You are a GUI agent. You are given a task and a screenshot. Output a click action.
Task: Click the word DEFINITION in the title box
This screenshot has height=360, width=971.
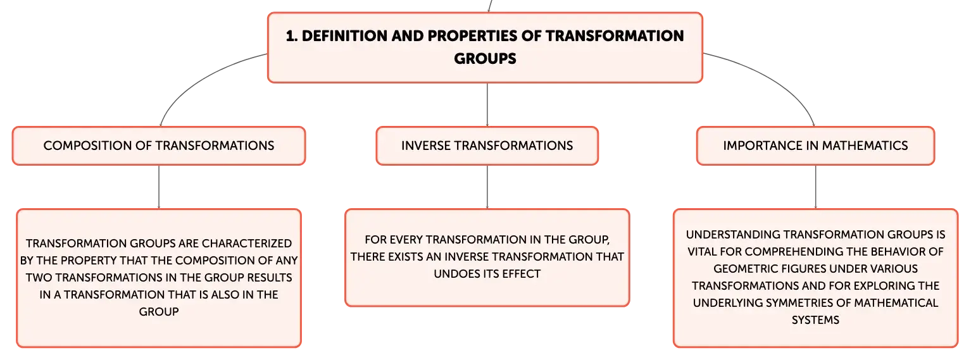344,36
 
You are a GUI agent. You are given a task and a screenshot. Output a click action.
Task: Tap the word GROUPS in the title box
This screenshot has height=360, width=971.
485,58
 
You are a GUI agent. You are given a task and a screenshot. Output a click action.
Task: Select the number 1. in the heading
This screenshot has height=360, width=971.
292,36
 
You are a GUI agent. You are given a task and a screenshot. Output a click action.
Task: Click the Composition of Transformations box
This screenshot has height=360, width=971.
159,146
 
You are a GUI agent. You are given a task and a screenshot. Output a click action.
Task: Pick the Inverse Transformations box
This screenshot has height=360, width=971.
487,146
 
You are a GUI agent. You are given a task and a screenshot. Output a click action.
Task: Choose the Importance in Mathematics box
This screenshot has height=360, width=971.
815,146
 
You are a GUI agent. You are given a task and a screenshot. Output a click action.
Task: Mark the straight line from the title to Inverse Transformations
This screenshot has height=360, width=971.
487,104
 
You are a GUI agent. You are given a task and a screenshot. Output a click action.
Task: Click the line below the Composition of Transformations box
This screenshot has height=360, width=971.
159,187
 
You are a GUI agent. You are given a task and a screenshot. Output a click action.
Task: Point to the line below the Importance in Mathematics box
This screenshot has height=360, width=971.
815,187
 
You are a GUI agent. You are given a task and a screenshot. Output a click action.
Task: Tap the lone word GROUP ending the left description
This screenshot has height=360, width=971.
159,312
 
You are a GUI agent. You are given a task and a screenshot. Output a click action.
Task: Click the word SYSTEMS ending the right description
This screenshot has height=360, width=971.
815,320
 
